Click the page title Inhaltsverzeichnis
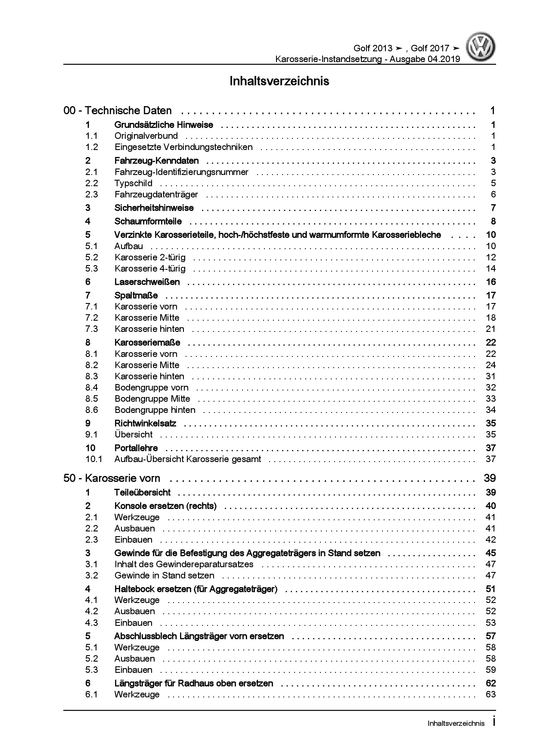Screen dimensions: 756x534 279,81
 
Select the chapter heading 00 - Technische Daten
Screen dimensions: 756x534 118,111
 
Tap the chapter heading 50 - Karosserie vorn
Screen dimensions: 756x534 112,478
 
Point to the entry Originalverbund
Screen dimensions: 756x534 146,136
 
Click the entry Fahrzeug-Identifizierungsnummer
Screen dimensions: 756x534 181,172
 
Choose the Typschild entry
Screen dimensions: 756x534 133,184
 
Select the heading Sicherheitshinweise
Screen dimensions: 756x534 154,208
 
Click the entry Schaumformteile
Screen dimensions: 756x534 148,222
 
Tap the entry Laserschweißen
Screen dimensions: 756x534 147,282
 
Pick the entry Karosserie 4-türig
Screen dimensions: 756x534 150,269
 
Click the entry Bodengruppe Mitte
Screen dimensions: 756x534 152,399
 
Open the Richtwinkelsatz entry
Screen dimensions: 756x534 145,424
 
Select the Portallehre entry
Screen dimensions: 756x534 136,448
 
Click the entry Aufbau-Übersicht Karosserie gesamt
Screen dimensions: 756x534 187,459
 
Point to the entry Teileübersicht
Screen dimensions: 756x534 142,493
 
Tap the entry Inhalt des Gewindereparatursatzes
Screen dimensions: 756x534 184,565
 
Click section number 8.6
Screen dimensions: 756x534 92,410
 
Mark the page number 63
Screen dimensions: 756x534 491,694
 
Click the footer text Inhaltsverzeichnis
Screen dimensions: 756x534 456,724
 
